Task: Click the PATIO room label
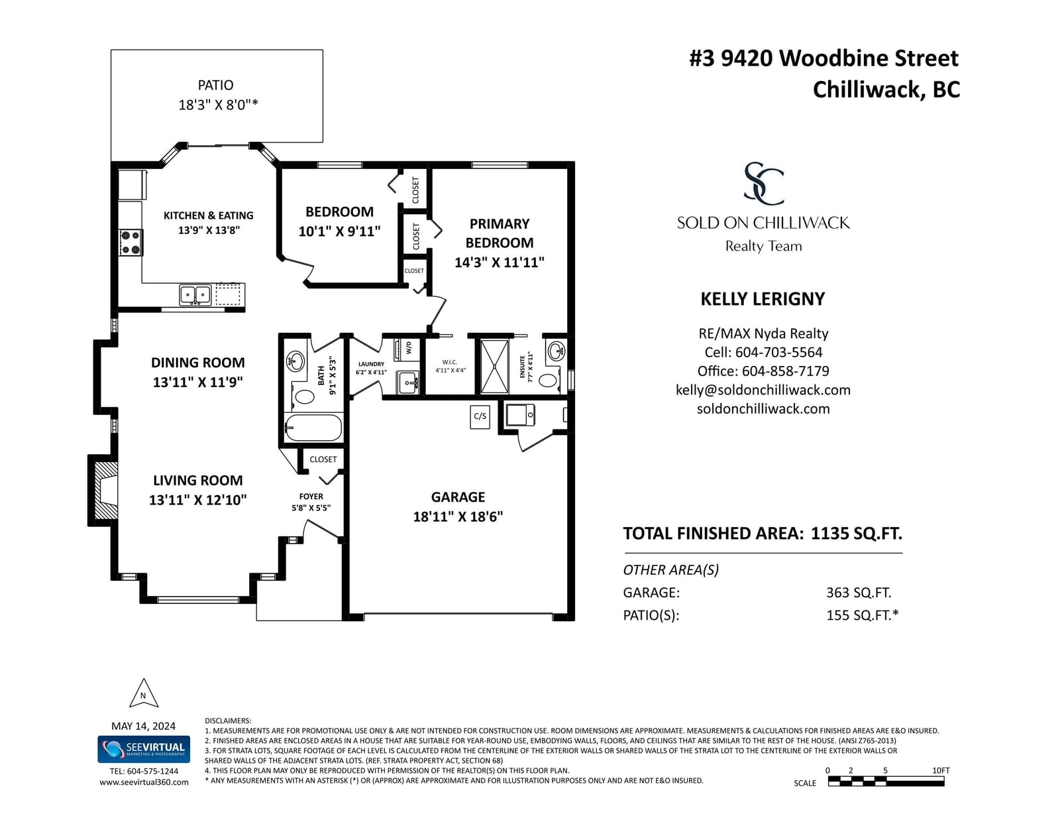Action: click(x=215, y=86)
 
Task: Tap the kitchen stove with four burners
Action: click(x=131, y=243)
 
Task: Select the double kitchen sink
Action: click(x=195, y=295)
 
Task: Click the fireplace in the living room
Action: click(x=103, y=491)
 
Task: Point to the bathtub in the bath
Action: click(x=313, y=428)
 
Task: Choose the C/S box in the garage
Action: click(x=480, y=416)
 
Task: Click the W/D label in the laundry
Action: click(x=409, y=348)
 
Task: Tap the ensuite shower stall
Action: click(x=495, y=367)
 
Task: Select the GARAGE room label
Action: click(x=458, y=497)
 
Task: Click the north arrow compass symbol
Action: click(x=143, y=693)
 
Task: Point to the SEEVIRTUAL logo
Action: click(x=143, y=749)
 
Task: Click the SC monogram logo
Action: click(x=763, y=183)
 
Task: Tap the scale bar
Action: click(x=886, y=782)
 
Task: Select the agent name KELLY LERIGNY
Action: click(x=763, y=299)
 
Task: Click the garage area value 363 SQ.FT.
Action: click(x=859, y=593)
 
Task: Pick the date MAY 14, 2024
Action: click(x=143, y=726)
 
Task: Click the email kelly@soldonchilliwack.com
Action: click(x=763, y=390)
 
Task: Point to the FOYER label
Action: click(x=311, y=497)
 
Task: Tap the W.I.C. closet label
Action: click(x=450, y=362)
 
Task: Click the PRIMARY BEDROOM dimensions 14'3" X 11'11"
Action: click(x=500, y=262)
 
